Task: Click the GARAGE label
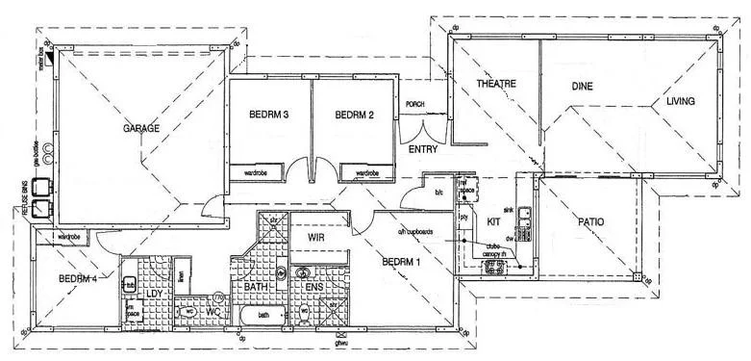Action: pos(140,128)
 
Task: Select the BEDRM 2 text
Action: pos(354,115)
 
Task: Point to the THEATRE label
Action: pos(496,85)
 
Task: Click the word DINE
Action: pos(582,87)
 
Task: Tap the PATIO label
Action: pos(590,222)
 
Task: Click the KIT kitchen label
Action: pos(494,220)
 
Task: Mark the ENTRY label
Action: pos(423,151)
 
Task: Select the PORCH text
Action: pos(415,104)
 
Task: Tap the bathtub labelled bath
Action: pos(263,315)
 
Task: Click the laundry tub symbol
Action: pos(129,283)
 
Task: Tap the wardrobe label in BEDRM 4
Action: pos(68,236)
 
